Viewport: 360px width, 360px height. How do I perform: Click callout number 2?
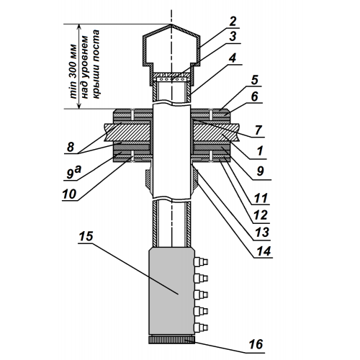click(x=233, y=22)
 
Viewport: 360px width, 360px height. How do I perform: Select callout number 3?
click(x=233, y=37)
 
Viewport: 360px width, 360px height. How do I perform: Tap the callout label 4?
click(x=233, y=58)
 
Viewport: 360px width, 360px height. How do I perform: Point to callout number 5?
click(x=255, y=80)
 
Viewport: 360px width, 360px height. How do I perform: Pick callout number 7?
click(x=258, y=130)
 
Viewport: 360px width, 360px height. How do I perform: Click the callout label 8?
click(x=71, y=147)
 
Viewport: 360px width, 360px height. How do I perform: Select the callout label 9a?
click(x=73, y=173)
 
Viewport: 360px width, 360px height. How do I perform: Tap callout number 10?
click(x=69, y=194)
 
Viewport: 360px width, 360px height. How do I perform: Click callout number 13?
click(x=262, y=233)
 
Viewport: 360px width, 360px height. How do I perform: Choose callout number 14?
click(x=264, y=251)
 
